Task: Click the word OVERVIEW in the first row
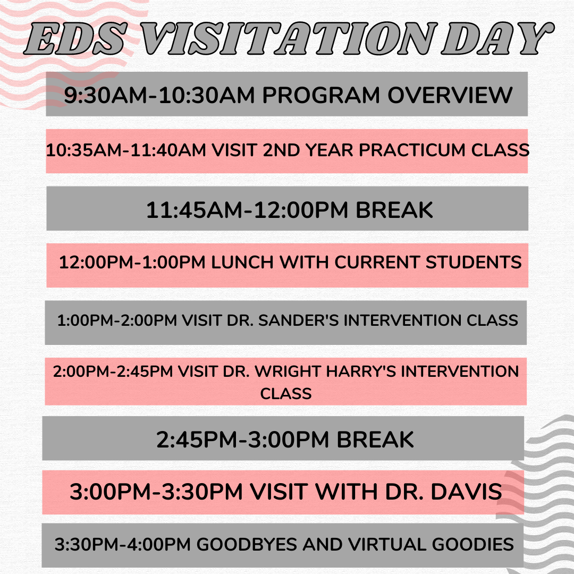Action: point(450,95)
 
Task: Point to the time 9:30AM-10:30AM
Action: point(159,95)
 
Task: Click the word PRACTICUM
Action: point(412,150)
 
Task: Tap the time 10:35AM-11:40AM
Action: point(126,150)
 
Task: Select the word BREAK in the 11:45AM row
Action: point(394,210)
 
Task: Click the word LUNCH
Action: point(242,262)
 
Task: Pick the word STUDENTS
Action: point(474,262)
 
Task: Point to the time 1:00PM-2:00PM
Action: point(117,320)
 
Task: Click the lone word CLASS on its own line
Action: point(286,394)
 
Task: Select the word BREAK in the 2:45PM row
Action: point(375,440)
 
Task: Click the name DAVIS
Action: point(466,491)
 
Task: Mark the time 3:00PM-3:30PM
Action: point(156,491)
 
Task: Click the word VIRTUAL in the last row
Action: point(387,544)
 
